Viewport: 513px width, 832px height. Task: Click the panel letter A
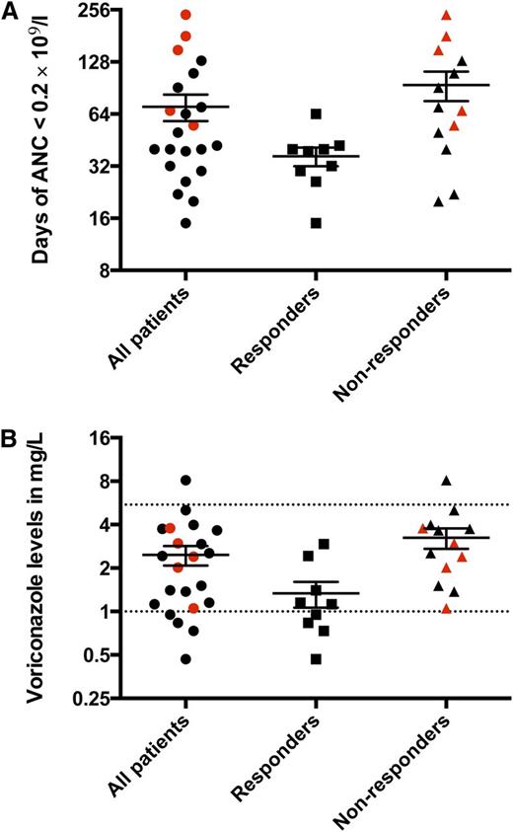pos(11,11)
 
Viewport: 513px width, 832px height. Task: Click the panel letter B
pos(11,431)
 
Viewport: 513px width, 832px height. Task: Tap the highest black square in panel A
pos(316,113)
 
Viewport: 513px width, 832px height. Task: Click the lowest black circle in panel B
pos(184,658)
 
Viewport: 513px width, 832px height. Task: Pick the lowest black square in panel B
pos(317,658)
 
